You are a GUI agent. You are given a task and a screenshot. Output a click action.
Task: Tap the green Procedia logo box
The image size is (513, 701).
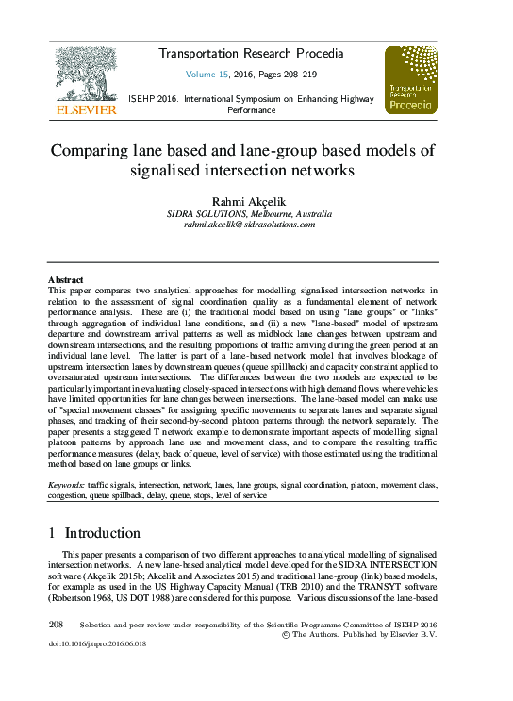[x=410, y=80]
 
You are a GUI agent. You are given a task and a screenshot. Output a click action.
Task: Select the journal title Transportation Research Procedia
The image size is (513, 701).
[x=250, y=54]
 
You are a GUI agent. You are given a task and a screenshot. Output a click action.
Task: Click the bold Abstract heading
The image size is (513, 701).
[x=65, y=280]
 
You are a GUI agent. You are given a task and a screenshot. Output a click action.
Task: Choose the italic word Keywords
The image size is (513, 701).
[x=66, y=484]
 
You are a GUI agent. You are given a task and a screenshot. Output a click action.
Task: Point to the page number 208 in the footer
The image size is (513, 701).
[x=55, y=625]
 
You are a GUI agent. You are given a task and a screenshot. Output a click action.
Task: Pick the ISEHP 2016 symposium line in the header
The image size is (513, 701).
[x=250, y=98]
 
